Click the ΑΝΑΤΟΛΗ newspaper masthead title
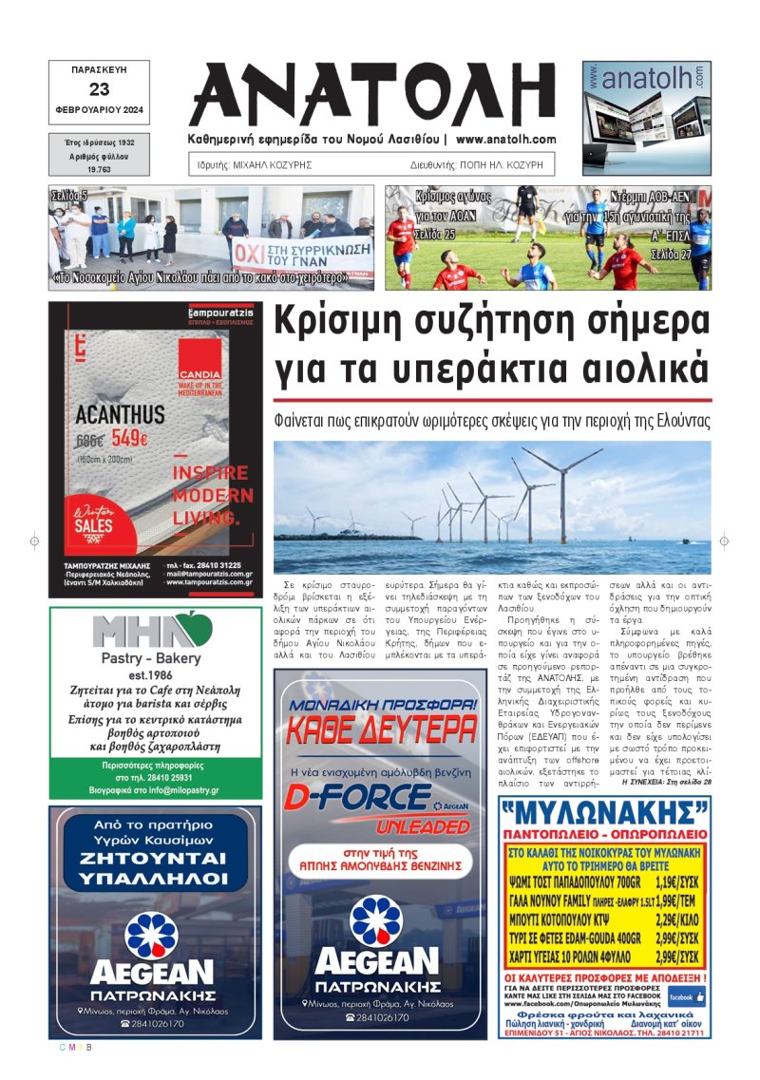[x=373, y=96]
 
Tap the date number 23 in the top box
[x=99, y=90]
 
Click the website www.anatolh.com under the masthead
[x=505, y=139]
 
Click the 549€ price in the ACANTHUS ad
[x=131, y=439]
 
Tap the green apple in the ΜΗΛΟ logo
[x=197, y=628]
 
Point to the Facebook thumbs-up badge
[x=686, y=996]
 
